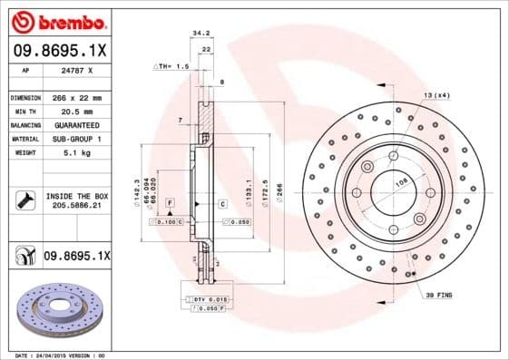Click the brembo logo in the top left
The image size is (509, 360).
click(x=56, y=20)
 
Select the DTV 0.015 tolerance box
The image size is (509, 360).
click(x=208, y=298)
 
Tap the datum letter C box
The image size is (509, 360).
click(x=222, y=204)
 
